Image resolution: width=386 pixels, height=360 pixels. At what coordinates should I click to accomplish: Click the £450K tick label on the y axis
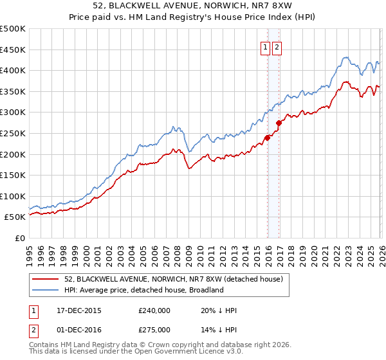point(13,50)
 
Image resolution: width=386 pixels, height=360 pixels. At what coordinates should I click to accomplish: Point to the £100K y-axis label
point(13,196)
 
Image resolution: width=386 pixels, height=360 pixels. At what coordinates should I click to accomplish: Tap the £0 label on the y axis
point(20,238)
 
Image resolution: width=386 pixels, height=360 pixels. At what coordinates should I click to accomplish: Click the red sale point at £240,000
point(267,137)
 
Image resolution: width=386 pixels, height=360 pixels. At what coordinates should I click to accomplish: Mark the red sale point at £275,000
point(278,122)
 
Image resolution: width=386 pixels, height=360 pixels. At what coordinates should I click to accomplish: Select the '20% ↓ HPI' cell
point(219,310)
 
